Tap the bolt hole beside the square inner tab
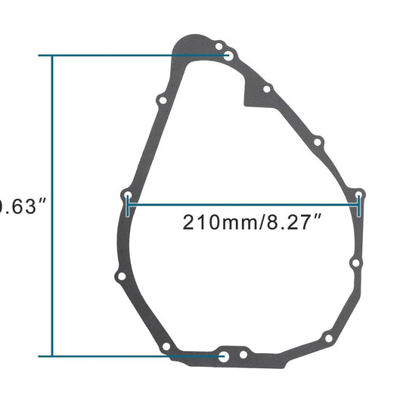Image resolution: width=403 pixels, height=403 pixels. tap(266, 89)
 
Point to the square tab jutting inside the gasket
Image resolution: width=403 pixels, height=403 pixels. tap(250, 95)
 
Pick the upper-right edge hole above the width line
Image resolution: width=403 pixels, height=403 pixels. tap(318, 141)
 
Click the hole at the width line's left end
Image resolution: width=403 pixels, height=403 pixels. tap(129, 196)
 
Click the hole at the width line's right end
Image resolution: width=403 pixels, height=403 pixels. tap(360, 196)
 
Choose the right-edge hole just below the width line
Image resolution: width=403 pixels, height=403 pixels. tap(355, 262)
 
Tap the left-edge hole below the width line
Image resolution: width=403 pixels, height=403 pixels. tap(118, 276)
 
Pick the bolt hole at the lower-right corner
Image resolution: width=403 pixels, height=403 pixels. tap(327, 337)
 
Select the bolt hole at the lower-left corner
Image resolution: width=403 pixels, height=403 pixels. tap(166, 347)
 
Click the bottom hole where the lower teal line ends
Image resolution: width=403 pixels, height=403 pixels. tap(223, 355)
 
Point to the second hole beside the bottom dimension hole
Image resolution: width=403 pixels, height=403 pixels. tap(243, 355)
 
